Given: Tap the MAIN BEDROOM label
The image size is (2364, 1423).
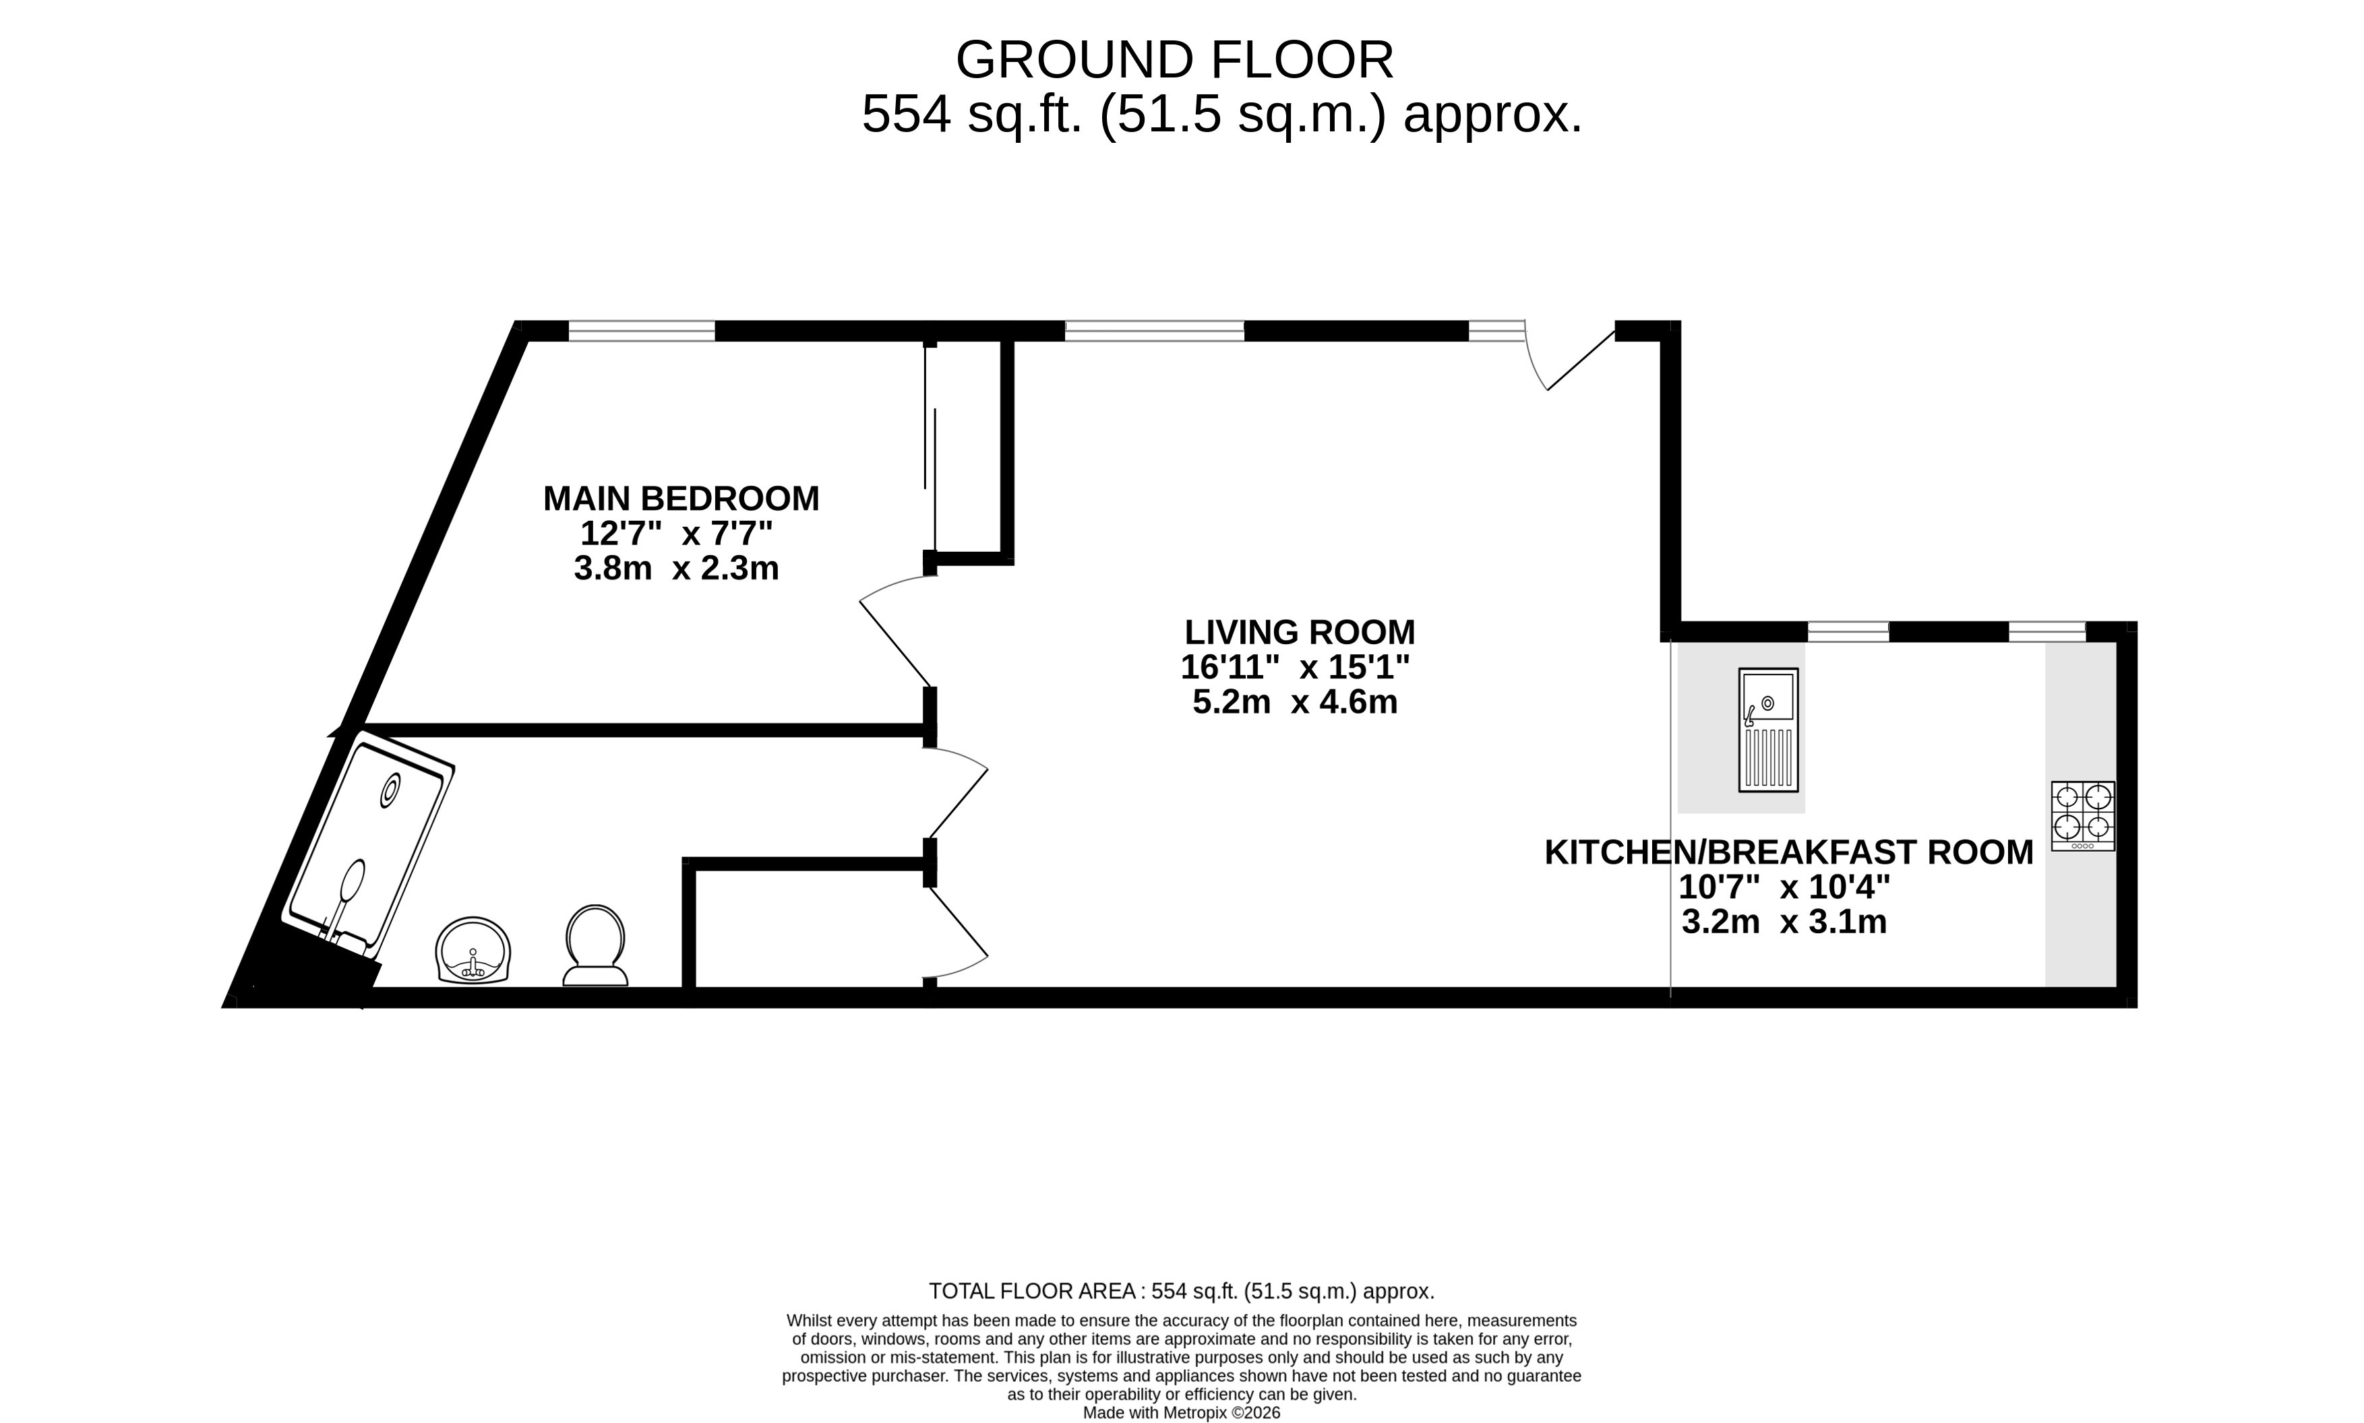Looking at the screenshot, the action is pyautogui.click(x=681, y=499).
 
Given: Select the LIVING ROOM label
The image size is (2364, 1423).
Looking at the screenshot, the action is pyautogui.click(x=1300, y=633).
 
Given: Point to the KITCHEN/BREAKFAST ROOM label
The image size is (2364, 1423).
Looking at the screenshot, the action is pyautogui.click(x=1788, y=852).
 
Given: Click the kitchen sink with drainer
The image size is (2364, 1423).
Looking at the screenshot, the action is pyautogui.click(x=1768, y=730).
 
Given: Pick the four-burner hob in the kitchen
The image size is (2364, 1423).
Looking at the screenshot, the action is pyautogui.click(x=2083, y=816).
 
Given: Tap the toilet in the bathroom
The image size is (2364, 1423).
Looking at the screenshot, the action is pyautogui.click(x=596, y=945).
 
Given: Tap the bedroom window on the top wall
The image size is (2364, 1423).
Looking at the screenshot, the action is pyautogui.click(x=642, y=331).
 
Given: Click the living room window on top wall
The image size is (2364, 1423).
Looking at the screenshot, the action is pyautogui.click(x=1155, y=331).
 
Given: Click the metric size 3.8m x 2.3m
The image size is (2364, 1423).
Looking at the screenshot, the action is pyautogui.click(x=676, y=569).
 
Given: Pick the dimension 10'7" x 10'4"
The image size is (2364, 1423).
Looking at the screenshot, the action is pyautogui.click(x=1784, y=887).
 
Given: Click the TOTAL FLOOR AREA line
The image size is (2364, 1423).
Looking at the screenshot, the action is pyautogui.click(x=1182, y=1291).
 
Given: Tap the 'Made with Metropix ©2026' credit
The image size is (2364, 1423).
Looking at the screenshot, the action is pyautogui.click(x=1182, y=1412).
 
